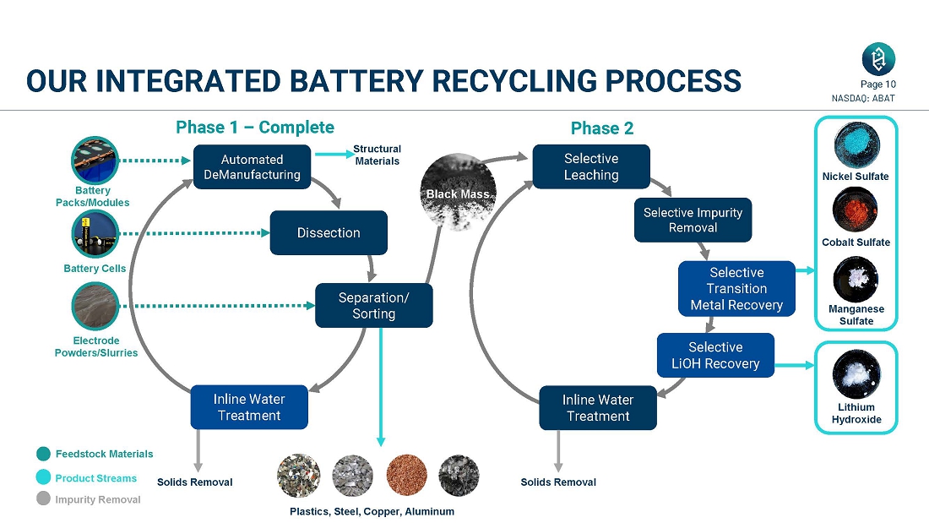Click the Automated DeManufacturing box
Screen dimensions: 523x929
tap(252, 167)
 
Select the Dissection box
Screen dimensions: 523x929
tap(329, 233)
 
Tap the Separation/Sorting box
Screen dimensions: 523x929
tap(373, 306)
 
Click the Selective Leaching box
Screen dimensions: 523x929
tap(591, 166)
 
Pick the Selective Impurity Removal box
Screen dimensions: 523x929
tap(693, 220)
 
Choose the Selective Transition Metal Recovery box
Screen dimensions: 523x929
tap(736, 289)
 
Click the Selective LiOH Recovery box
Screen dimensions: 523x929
tap(715, 356)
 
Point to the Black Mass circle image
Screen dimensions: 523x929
tap(458, 193)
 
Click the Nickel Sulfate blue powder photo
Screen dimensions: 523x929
tap(856, 145)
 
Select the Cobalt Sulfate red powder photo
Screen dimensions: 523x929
tap(856, 210)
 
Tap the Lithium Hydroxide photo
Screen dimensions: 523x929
tap(856, 374)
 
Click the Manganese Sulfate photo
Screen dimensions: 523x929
tap(856, 280)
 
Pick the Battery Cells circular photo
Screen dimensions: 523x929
tap(95, 234)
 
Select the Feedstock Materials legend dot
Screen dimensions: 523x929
tap(44, 455)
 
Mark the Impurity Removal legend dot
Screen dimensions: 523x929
tap(44, 498)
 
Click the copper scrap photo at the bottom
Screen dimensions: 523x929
tap(406, 476)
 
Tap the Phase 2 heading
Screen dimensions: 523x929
tap(602, 128)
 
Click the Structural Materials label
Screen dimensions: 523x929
tap(377, 155)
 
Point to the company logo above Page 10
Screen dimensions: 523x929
tap(878, 59)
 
